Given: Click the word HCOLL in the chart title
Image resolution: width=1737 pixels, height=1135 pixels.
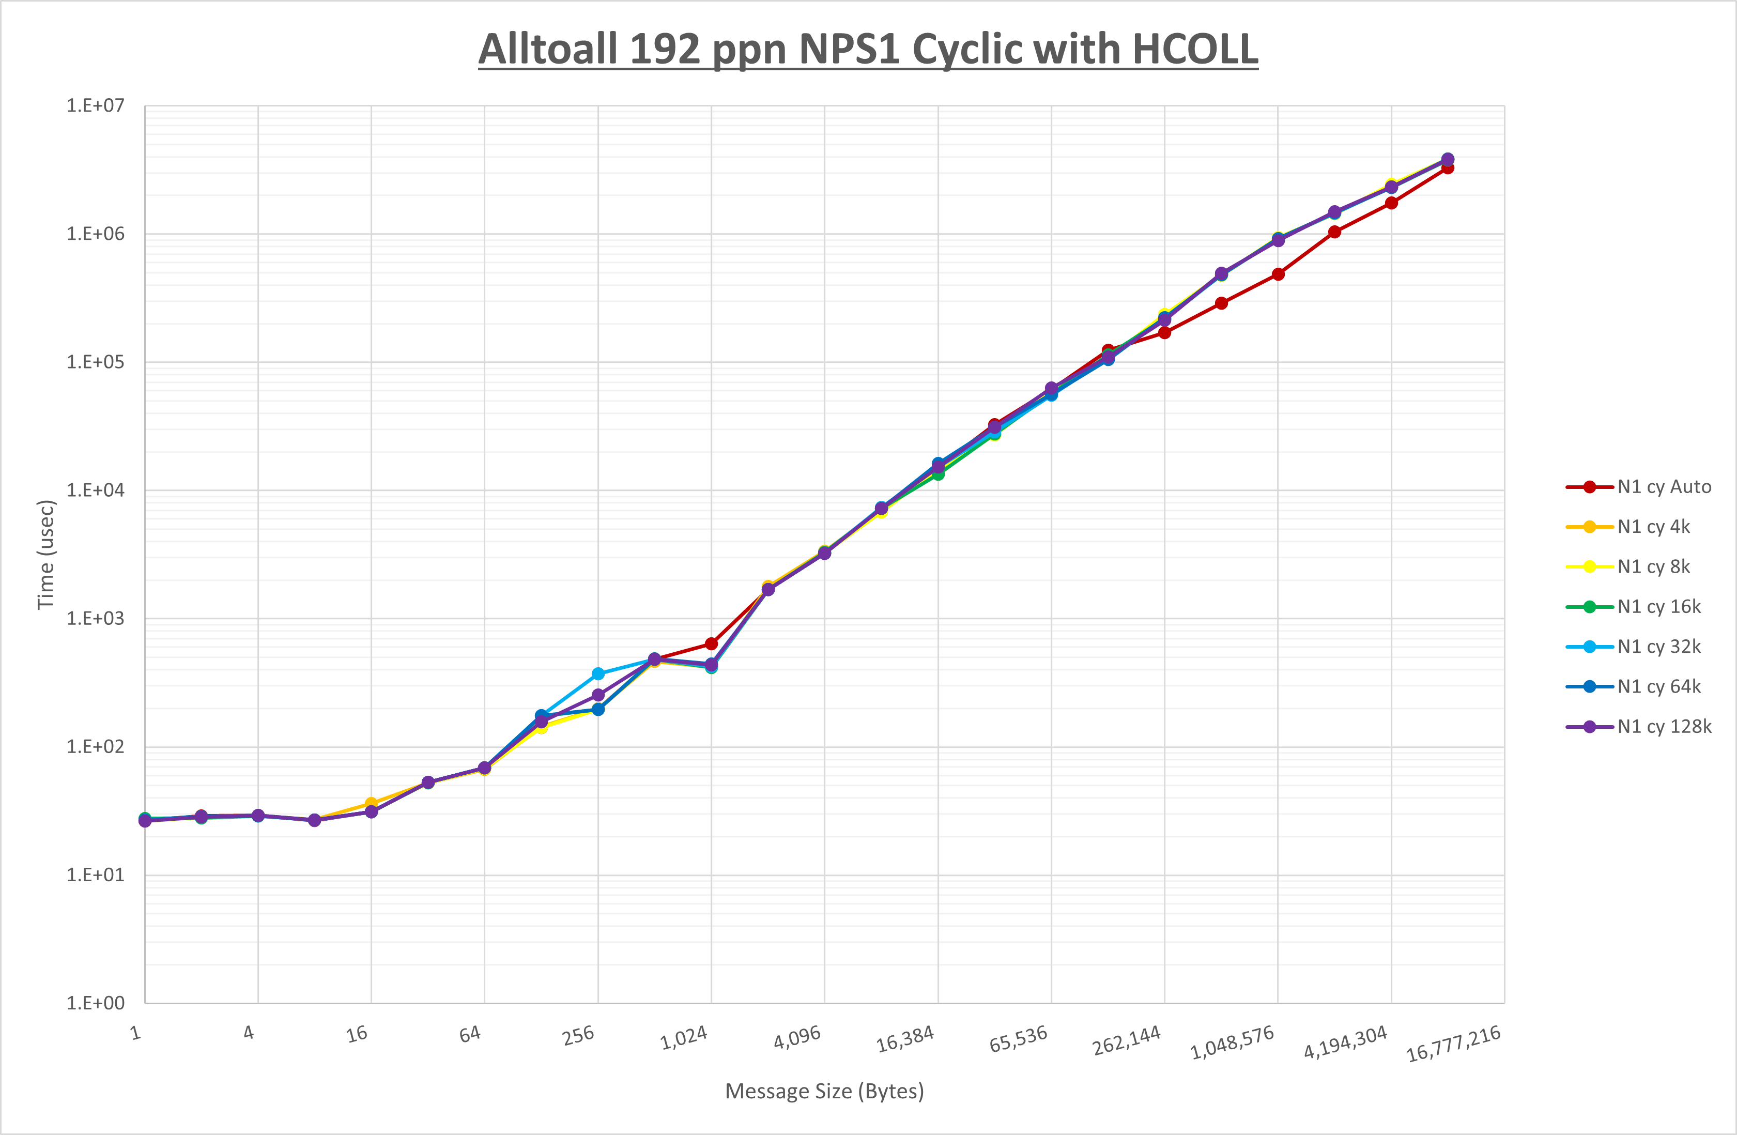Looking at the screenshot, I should click(x=1195, y=50).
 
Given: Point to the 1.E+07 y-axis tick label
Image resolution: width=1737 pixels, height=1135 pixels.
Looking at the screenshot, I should click(x=96, y=106).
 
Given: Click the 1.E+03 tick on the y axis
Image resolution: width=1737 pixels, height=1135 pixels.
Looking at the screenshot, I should click(x=96, y=619).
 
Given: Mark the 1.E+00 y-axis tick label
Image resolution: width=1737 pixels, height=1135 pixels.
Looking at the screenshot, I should click(x=96, y=1004).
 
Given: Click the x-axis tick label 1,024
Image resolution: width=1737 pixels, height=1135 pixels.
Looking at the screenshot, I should click(x=684, y=1038).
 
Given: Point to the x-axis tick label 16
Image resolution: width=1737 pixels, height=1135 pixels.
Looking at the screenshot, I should click(x=357, y=1034).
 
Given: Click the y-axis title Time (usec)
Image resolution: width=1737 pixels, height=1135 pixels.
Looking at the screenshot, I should click(x=46, y=555).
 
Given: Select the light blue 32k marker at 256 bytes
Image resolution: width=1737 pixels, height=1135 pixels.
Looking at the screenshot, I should click(x=598, y=673).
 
